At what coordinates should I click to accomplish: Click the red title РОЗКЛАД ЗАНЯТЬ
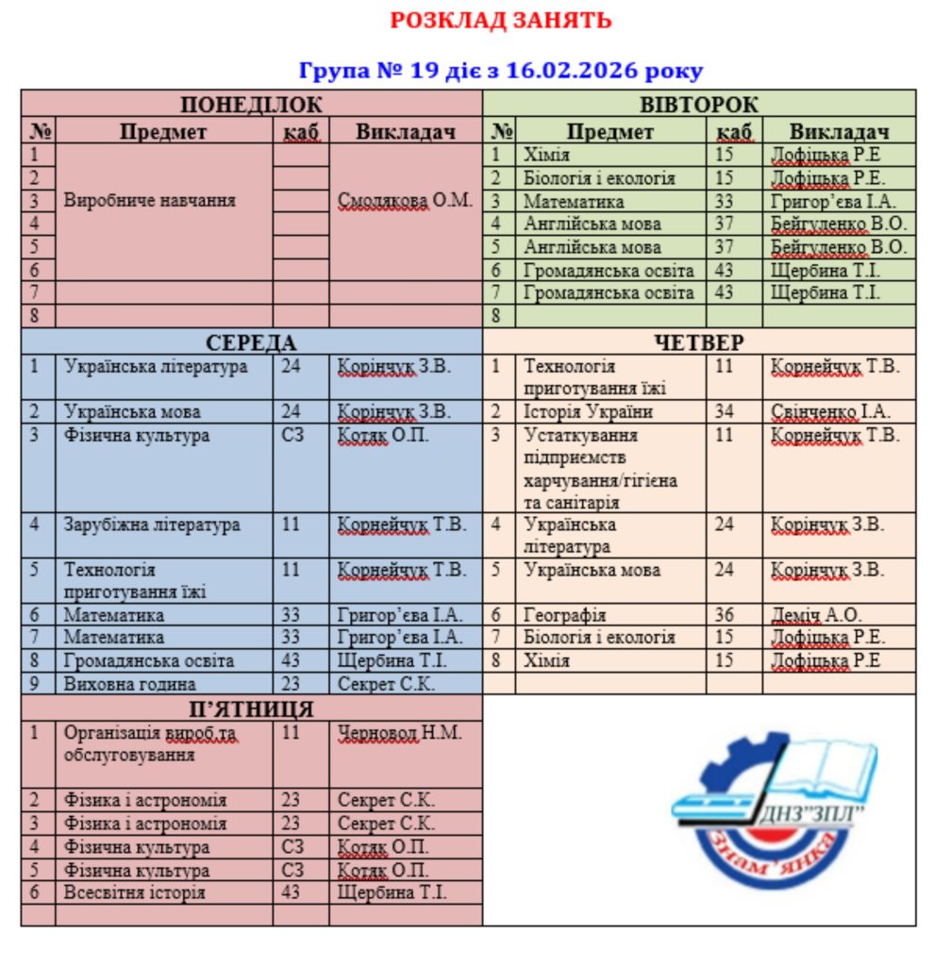(501, 20)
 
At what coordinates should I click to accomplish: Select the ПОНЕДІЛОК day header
(251, 104)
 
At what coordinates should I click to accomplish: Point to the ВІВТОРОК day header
(699, 104)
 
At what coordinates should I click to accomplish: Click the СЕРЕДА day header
(251, 341)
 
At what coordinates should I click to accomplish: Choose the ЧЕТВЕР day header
(699, 341)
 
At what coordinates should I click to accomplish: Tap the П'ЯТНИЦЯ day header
(251, 708)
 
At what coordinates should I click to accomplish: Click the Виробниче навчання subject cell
(150, 201)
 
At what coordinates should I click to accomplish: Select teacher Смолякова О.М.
(405, 201)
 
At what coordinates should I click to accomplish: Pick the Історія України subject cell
(589, 412)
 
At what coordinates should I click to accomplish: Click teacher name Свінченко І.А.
(830, 412)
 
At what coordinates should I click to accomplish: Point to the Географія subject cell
(565, 615)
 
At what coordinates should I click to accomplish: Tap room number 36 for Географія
(724, 615)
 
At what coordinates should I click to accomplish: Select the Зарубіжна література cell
(152, 525)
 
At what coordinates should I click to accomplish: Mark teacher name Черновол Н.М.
(400, 733)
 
